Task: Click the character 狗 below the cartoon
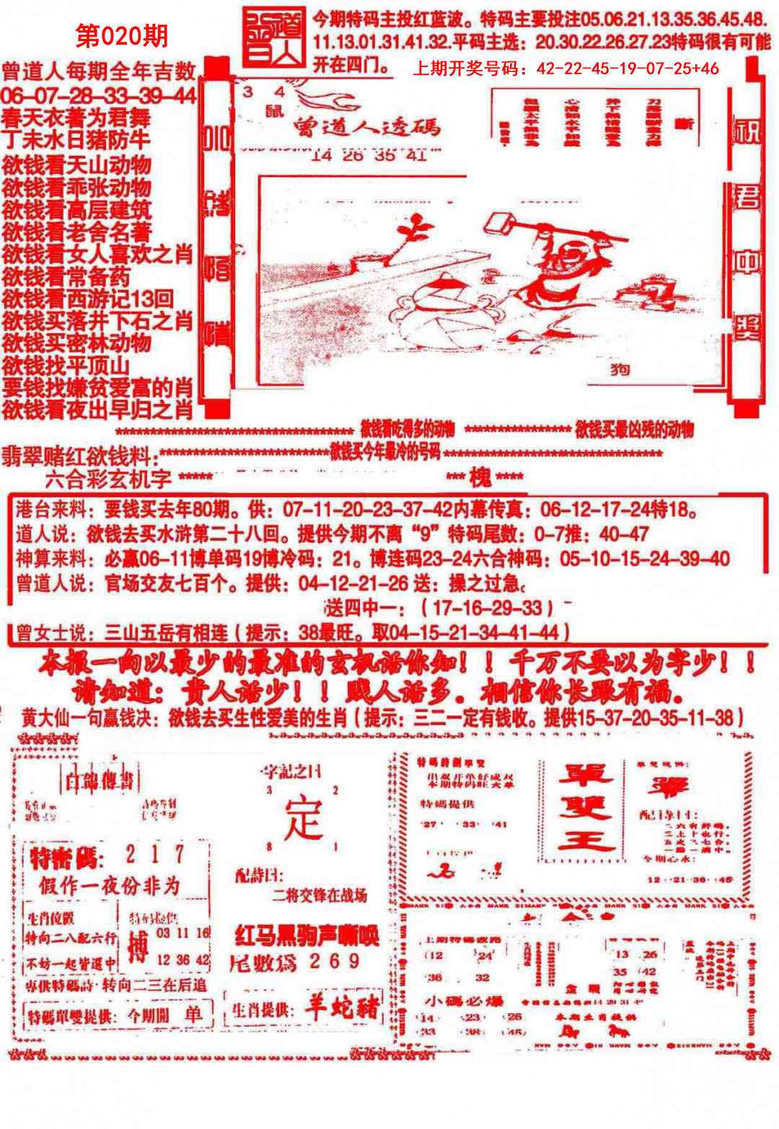[x=618, y=369]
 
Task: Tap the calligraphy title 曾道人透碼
[x=366, y=128]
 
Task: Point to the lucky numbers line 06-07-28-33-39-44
[x=99, y=95]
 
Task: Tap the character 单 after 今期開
[x=194, y=1013]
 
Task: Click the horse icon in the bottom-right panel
[x=619, y=1032]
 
